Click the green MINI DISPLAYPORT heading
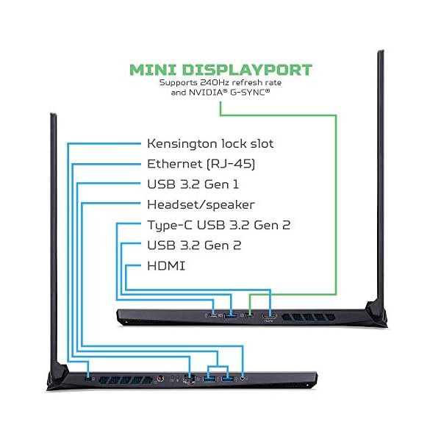(x=220, y=71)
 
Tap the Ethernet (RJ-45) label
(x=201, y=163)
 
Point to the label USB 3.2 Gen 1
(x=193, y=184)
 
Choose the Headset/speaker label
(x=201, y=204)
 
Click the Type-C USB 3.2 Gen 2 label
(x=213, y=225)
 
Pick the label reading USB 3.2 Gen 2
(x=193, y=245)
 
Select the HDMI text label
(x=166, y=265)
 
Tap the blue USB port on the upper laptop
(x=232, y=318)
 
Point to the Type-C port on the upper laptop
(x=213, y=318)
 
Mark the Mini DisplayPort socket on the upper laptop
(x=250, y=318)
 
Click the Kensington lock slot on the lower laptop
(x=90, y=380)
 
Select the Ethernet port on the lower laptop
(x=190, y=380)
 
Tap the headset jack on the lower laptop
(x=243, y=380)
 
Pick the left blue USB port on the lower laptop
(x=209, y=380)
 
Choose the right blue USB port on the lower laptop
(x=226, y=380)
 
